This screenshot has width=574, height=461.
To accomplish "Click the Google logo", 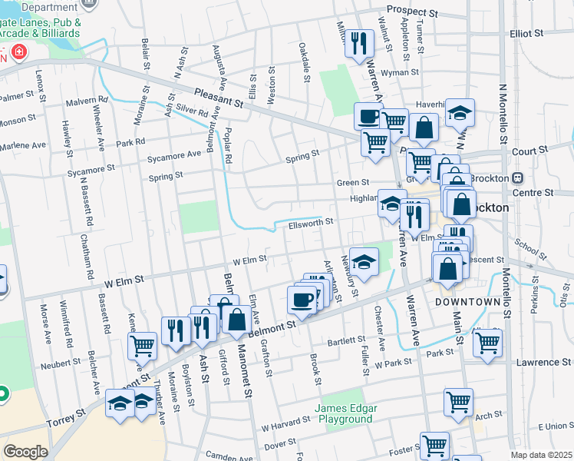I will click(25, 451).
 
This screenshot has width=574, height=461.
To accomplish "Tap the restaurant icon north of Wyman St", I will click(358, 44).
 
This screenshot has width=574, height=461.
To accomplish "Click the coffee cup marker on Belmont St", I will click(302, 300).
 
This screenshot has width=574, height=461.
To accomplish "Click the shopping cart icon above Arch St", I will click(458, 401).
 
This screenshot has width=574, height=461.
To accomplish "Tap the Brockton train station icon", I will click(519, 177).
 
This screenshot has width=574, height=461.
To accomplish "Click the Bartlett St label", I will click(346, 340).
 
